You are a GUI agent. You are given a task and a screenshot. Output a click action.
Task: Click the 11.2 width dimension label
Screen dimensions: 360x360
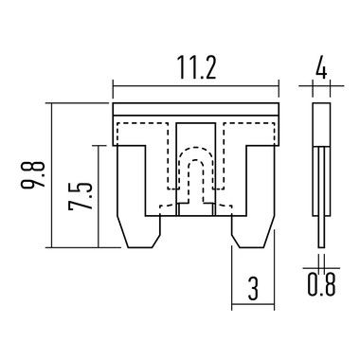tap(196, 67)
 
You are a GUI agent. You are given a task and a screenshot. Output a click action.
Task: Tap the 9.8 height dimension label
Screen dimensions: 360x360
tap(32, 175)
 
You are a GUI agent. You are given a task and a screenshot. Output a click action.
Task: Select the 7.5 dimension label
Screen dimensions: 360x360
tap(81, 196)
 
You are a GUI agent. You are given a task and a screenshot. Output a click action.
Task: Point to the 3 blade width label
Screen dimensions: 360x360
tap(253, 289)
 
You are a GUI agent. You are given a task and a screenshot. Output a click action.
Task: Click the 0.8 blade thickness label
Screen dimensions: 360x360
tap(321, 284)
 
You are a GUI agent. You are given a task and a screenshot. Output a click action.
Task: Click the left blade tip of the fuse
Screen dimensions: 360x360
tap(141, 247)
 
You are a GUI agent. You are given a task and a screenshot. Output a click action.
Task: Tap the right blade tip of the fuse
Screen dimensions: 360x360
tap(251, 247)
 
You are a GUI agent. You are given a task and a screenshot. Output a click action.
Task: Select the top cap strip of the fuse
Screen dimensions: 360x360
tap(196, 109)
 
